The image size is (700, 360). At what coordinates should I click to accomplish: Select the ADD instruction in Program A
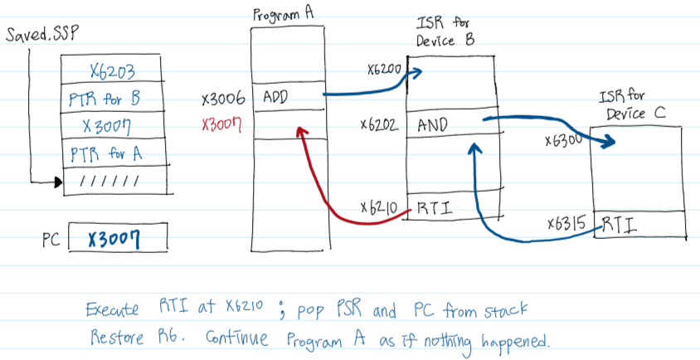tap(275, 98)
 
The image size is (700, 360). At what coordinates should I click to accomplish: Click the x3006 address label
tap(223, 100)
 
